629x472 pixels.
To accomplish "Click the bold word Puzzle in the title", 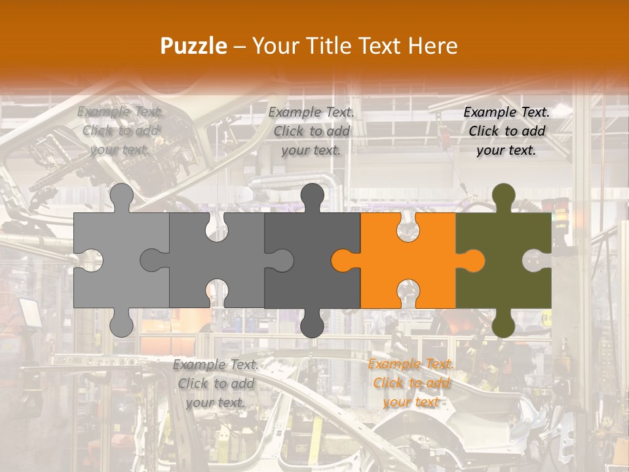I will (x=194, y=46).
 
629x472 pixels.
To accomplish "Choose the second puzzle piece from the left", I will (x=216, y=262).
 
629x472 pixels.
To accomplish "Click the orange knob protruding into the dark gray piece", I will (x=343, y=260).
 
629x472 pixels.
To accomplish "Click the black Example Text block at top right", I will (x=506, y=131).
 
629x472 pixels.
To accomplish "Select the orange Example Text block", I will (x=411, y=383).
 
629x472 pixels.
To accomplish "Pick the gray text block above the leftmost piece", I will (x=120, y=131).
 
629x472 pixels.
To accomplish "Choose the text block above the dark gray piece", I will (x=311, y=131).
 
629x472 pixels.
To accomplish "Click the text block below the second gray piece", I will (x=216, y=383).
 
